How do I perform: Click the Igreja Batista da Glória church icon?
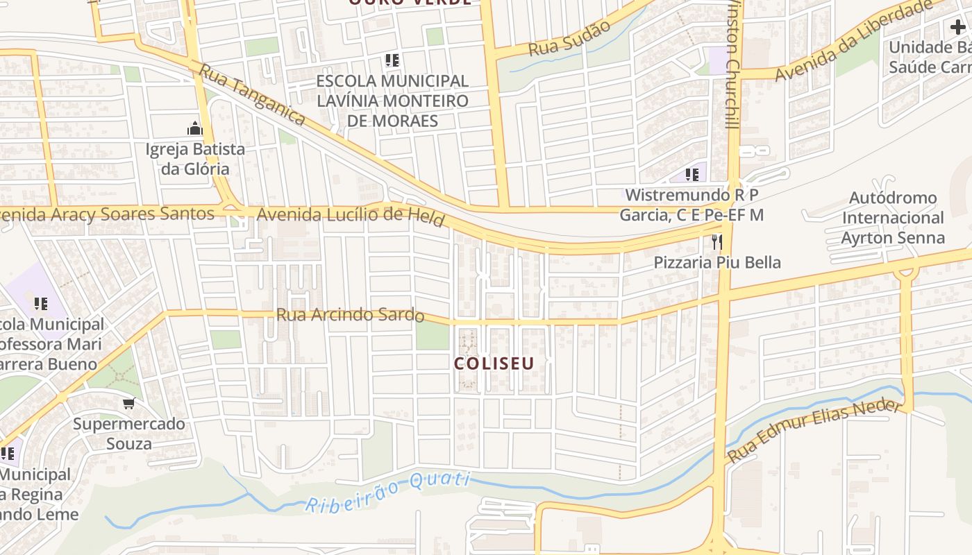point(194,128)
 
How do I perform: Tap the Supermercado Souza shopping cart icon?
point(128,403)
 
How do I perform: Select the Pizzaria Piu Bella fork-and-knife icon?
point(717,241)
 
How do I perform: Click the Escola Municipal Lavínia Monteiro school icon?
point(392,60)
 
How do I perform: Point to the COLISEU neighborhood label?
point(494,364)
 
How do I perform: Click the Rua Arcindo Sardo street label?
point(350,315)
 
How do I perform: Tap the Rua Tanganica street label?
point(252,95)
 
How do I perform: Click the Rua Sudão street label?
point(569,39)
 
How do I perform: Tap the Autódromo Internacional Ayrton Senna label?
point(893,218)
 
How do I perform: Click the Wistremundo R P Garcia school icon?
point(692,174)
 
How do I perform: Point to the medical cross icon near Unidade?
point(957,28)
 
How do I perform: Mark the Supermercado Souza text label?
point(129,434)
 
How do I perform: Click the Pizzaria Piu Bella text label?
point(717,262)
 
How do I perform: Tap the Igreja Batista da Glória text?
point(195,159)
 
